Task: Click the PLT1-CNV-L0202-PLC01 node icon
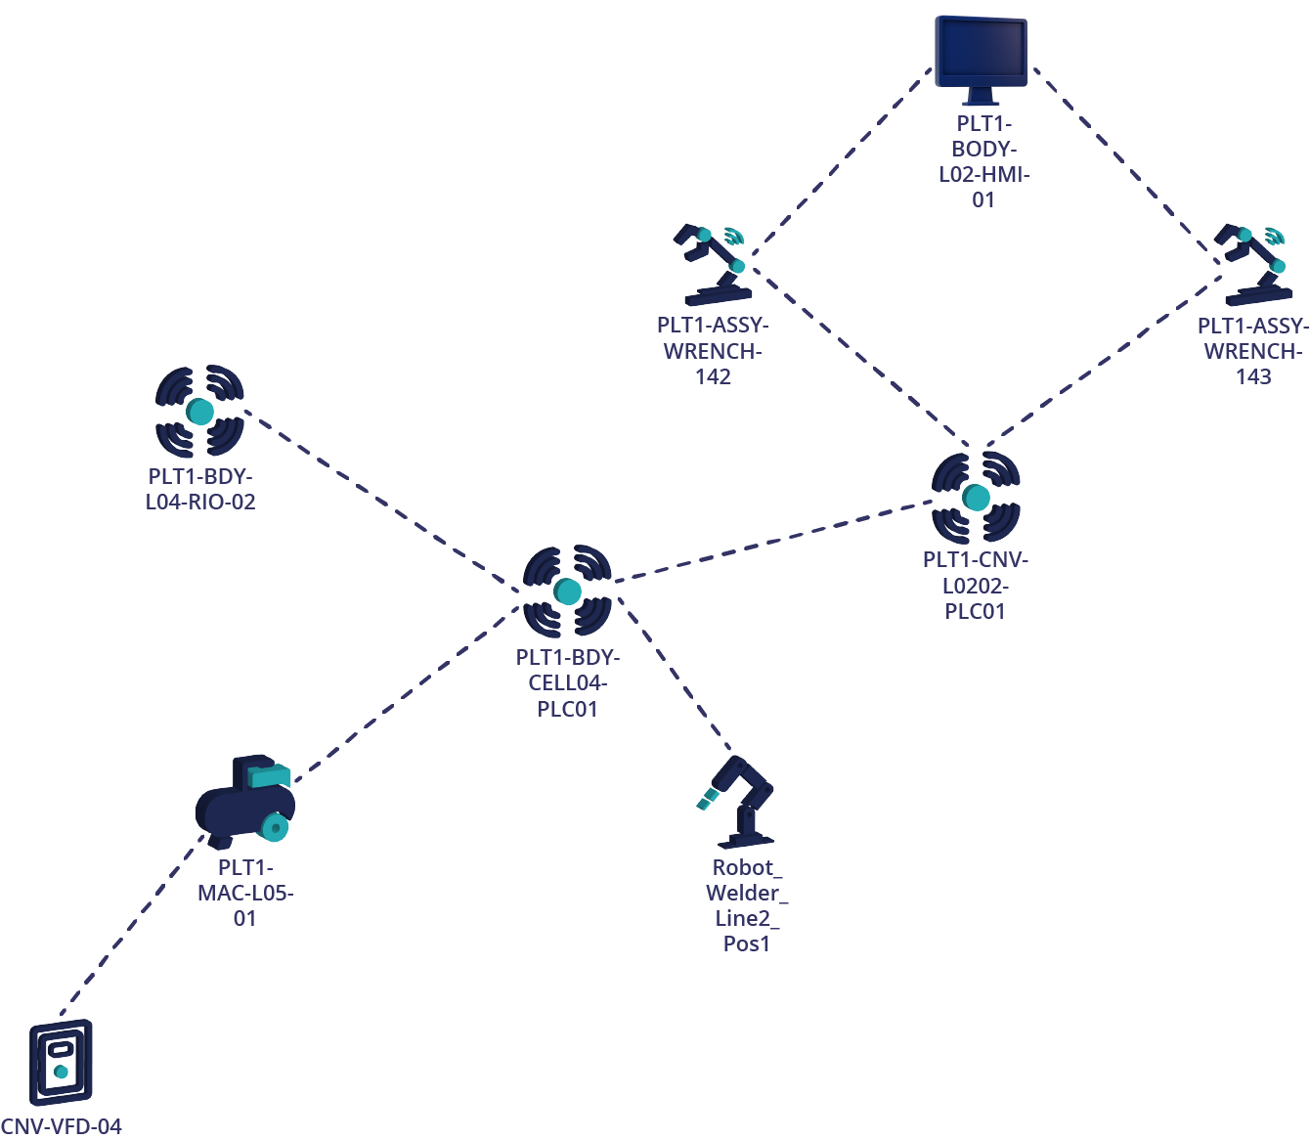[976, 498]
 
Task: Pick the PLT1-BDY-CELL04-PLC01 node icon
[567, 591]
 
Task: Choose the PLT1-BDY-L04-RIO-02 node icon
[199, 412]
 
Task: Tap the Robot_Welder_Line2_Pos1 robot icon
[741, 802]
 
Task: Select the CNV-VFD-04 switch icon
[61, 1063]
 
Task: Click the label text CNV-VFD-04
[61, 1126]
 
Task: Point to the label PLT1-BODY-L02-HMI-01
[983, 161]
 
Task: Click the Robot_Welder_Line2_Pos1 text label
[747, 905]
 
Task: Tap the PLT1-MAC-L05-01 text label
[245, 893]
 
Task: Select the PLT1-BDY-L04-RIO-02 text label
[200, 489]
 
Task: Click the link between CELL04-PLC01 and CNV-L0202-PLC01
[772, 542]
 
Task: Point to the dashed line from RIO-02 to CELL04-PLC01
[381, 499]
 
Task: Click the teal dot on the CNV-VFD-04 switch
[61, 1072]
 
